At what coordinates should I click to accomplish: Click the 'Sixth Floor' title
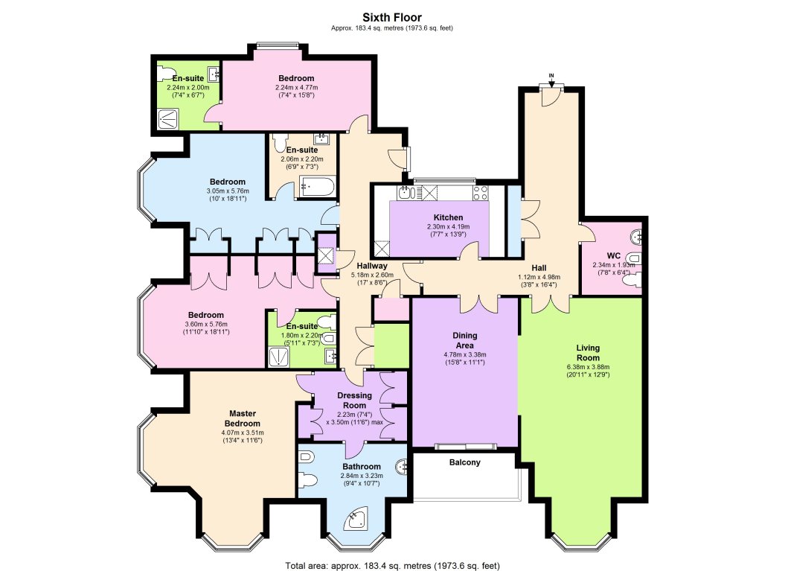pyautogui.click(x=392, y=16)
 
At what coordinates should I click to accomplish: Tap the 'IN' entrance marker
pyautogui.click(x=551, y=76)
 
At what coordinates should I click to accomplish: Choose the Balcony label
pyautogui.click(x=465, y=462)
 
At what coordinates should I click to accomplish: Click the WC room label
pyautogui.click(x=614, y=255)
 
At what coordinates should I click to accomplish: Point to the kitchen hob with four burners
pyautogui.click(x=480, y=192)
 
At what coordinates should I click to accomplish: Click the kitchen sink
pyautogui.click(x=406, y=194)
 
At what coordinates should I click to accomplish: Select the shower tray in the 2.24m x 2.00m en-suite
pyautogui.click(x=170, y=118)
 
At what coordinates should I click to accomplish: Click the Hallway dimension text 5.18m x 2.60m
pyautogui.click(x=371, y=275)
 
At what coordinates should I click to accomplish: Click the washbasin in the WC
pyautogui.click(x=636, y=236)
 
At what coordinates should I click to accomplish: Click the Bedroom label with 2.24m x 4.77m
pyautogui.click(x=296, y=78)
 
